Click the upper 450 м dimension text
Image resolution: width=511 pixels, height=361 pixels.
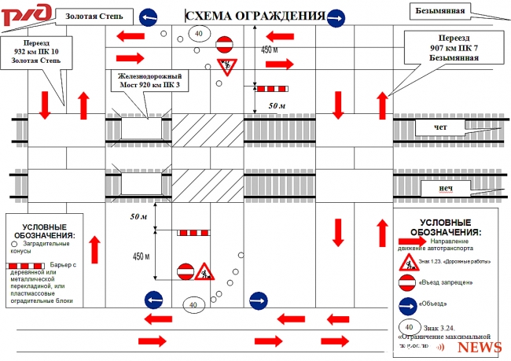click(270, 50)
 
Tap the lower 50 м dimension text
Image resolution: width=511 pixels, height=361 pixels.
click(138, 215)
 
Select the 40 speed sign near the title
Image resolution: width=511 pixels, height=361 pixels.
click(198, 33)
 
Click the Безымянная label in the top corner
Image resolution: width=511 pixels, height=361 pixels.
click(439, 11)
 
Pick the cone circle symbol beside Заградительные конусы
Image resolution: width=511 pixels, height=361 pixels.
click(16, 245)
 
